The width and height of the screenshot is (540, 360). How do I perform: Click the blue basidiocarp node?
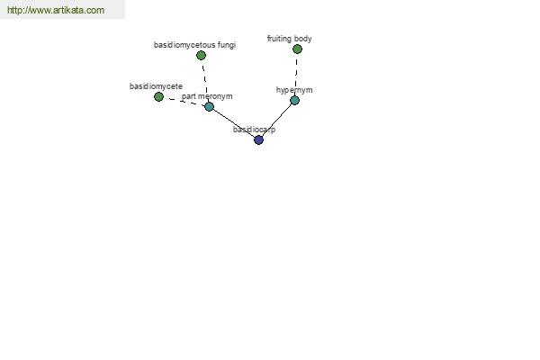[258, 139]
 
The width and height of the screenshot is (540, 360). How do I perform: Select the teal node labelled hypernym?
[294, 100]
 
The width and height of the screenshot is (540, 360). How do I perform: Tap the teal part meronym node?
[209, 106]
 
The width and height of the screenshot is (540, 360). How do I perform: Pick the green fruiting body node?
[297, 49]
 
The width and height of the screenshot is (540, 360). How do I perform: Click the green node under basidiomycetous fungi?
[201, 55]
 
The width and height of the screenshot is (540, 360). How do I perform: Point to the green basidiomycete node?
[158, 97]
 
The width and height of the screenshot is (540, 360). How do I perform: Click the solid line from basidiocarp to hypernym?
[276, 121]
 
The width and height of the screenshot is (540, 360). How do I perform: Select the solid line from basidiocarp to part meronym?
[234, 123]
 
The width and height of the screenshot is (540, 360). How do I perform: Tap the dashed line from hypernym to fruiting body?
[296, 75]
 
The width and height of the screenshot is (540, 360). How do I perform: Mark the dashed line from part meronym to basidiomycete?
[184, 102]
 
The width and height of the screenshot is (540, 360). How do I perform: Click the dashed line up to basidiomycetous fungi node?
[205, 81]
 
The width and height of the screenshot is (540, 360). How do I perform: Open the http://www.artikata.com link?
[56, 10]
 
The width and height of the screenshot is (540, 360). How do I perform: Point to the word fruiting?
[279, 39]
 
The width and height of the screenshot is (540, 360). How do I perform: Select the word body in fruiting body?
[303, 39]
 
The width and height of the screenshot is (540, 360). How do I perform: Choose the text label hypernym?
[294, 90]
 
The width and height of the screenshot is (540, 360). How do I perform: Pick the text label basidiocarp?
[254, 130]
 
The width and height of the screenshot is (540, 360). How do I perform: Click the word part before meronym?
[188, 96]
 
